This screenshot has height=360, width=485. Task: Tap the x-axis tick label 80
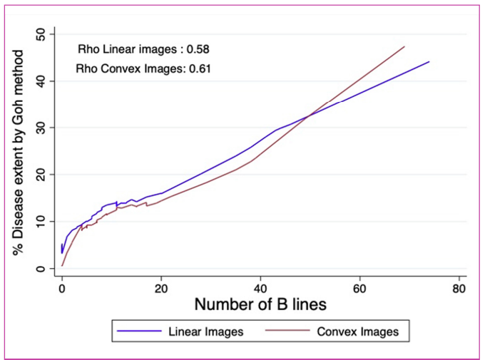(459, 289)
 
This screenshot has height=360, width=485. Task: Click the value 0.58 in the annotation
(196, 50)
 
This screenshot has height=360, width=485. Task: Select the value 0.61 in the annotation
(198, 68)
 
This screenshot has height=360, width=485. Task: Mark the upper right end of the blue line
(429, 62)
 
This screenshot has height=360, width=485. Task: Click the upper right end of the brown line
(404, 47)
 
